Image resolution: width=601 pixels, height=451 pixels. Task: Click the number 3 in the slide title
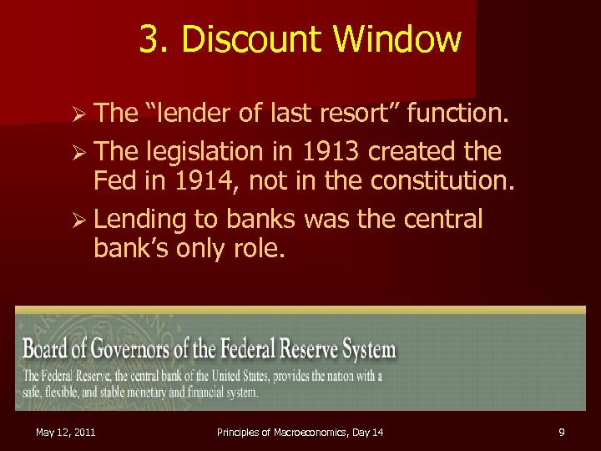pos(149,39)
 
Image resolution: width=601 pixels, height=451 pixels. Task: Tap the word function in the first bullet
pos(456,112)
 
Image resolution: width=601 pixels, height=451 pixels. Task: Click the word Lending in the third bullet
pos(139,219)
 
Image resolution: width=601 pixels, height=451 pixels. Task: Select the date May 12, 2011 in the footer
pos(65,432)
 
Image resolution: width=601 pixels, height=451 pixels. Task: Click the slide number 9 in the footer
pos(562,432)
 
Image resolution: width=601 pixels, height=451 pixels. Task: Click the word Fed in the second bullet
pos(114,179)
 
